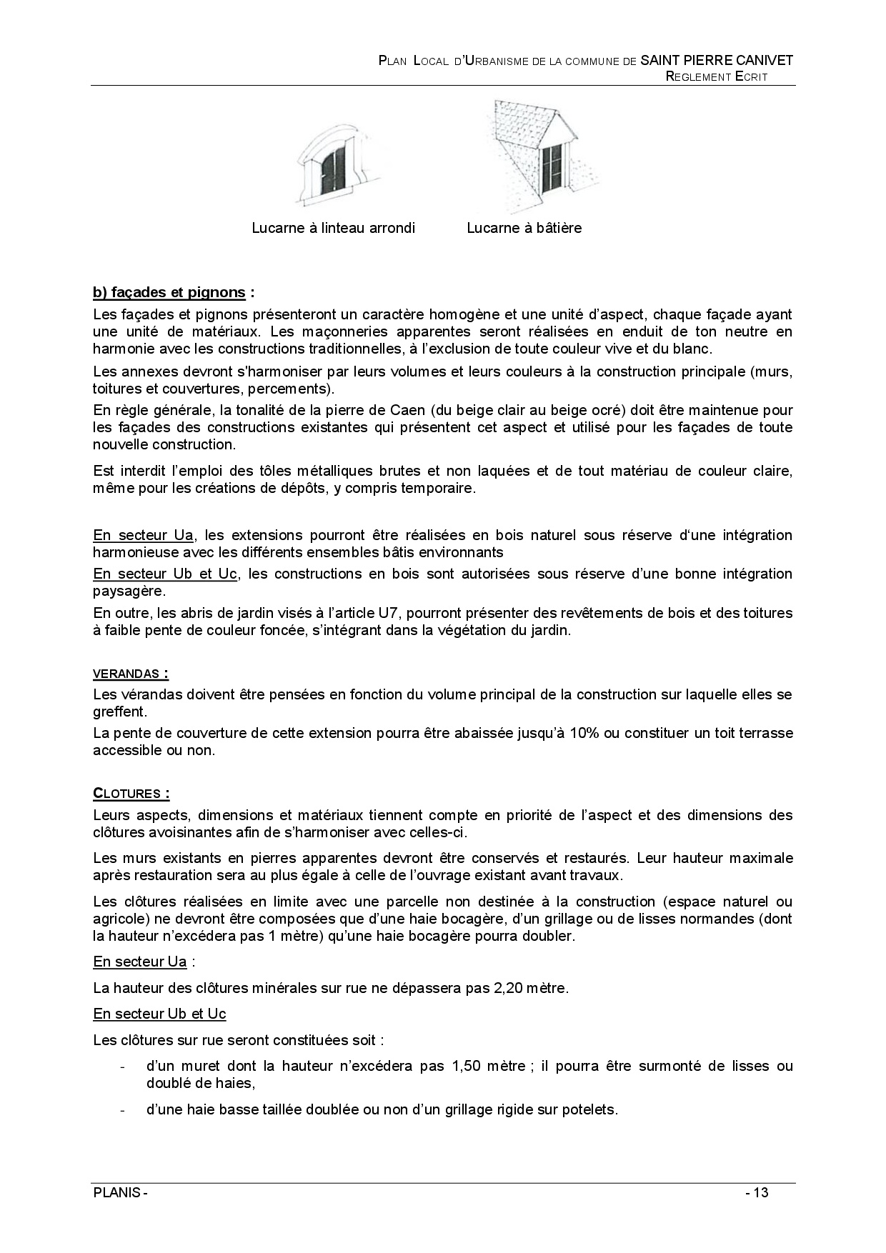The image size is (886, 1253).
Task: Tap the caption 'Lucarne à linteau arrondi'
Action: pos(333,228)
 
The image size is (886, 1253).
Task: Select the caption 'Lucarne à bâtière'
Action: pos(524,228)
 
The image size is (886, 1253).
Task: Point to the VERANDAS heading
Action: pos(131,673)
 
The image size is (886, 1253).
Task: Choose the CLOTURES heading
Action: pos(131,794)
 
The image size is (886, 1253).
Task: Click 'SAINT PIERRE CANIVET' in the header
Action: pos(717,61)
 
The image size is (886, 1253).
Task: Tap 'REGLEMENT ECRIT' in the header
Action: pos(717,77)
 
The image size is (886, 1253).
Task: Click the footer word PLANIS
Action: pos(117,1193)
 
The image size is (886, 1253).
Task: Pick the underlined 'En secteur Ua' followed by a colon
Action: pos(140,962)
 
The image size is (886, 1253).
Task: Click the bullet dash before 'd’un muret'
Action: pos(123,1067)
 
